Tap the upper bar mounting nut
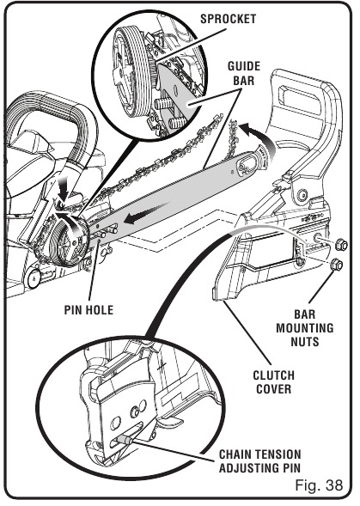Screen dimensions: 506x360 click(339, 245)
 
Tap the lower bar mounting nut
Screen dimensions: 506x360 click(336, 265)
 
